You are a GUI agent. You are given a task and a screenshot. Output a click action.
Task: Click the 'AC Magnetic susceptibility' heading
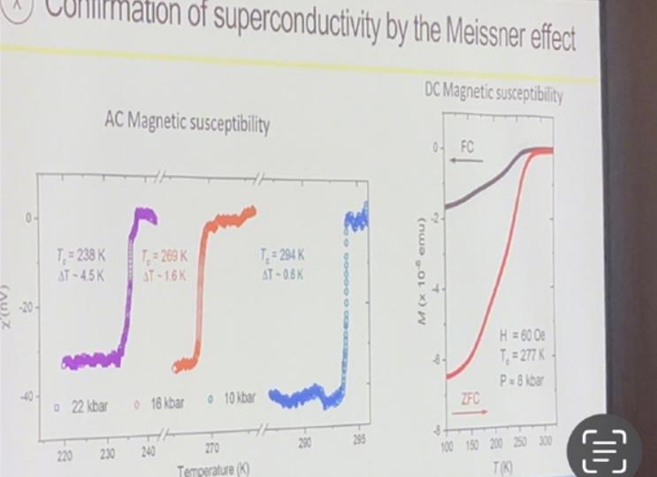(x=186, y=125)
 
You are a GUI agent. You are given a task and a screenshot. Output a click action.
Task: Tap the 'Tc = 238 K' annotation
(x=79, y=256)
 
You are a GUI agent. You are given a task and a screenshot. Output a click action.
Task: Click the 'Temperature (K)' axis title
(x=213, y=470)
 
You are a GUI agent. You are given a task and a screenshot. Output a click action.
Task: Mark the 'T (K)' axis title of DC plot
(x=501, y=465)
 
